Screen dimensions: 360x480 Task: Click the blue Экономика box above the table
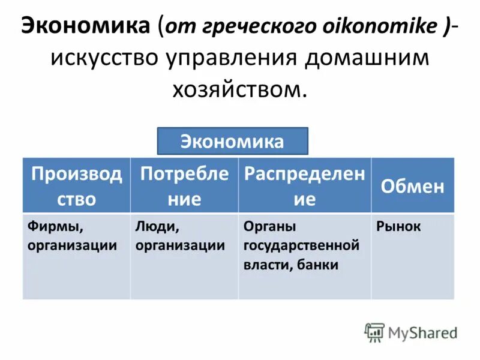point(232,142)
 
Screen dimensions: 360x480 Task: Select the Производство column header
point(76,185)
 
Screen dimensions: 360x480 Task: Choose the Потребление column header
point(184,185)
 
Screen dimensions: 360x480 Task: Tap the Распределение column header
point(304,185)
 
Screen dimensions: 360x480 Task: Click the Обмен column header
point(413,186)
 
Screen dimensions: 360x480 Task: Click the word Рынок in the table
point(398,227)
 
